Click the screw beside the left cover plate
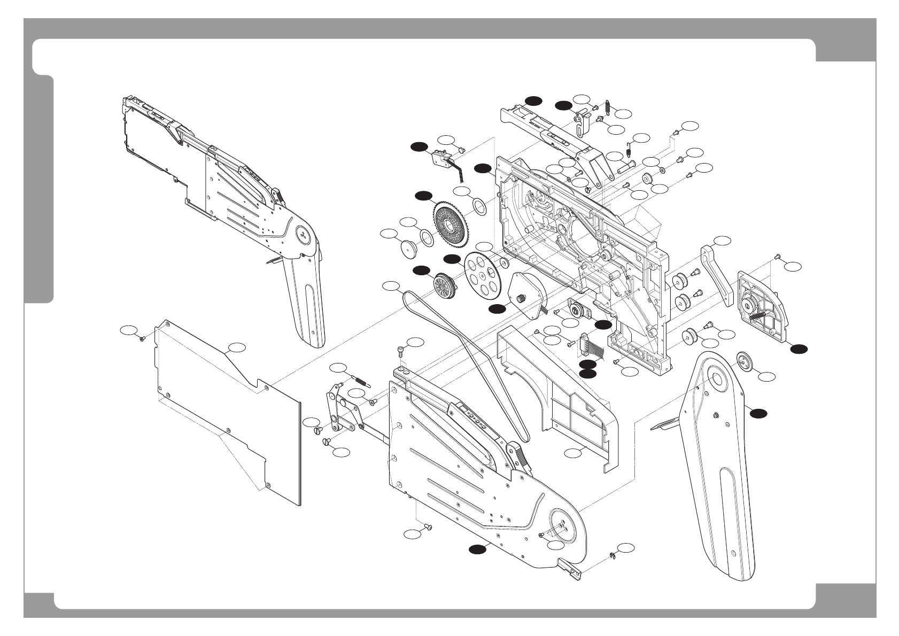coord(142,338)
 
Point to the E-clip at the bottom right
coord(612,557)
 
